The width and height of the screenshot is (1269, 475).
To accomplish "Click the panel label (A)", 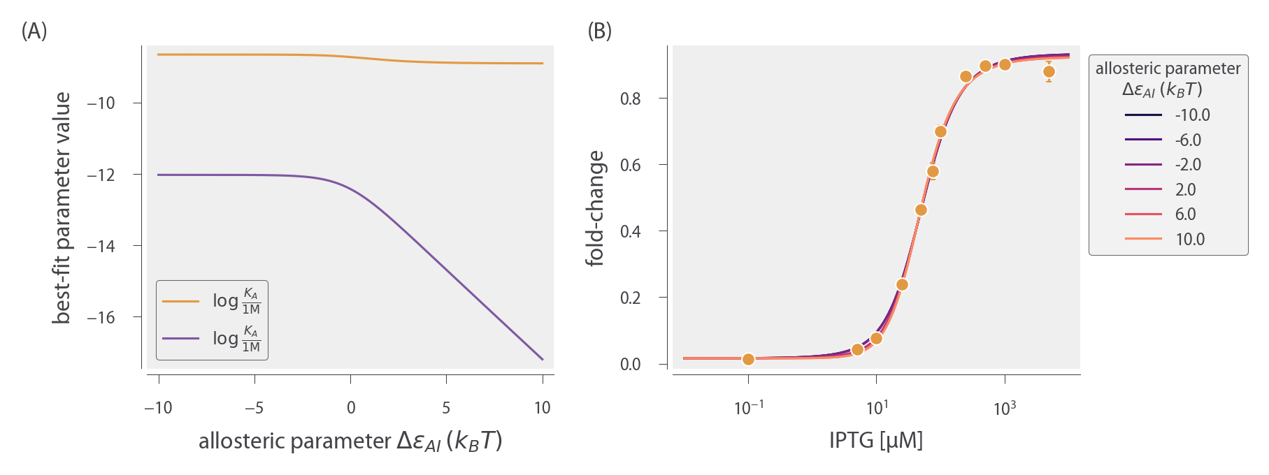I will pos(34,31).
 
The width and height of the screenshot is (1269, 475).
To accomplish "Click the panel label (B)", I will pos(599,31).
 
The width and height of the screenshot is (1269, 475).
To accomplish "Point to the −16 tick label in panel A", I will pos(101,318).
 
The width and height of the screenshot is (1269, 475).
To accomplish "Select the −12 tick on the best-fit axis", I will pos(101,175).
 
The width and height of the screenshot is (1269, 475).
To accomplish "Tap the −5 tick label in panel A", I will pos(254,408).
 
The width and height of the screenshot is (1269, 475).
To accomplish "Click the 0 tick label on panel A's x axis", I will pos(350,408).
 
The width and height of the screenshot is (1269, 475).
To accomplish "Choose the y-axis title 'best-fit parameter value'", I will pos(62,207).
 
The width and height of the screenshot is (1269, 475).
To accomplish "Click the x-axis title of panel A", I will pos(350,441).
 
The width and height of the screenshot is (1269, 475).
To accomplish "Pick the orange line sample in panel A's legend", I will pos(180,301).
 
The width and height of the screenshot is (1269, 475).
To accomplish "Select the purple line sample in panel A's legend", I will pos(180,339).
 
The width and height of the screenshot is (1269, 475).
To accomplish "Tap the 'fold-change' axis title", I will pos(595,207).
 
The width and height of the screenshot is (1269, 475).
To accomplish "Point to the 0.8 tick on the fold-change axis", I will pos(630,98).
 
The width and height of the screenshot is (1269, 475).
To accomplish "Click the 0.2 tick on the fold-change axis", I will pos(630,298).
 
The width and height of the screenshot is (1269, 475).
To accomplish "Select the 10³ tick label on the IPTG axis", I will pos(1005,408).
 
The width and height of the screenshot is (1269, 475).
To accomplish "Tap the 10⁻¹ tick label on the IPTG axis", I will pos(748,408).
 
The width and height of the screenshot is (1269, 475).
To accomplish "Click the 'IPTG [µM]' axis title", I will pos(876,441).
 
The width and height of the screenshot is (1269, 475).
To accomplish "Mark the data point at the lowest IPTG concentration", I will pos(748,359).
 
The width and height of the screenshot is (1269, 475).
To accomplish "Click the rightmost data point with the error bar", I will pos(1049,71).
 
